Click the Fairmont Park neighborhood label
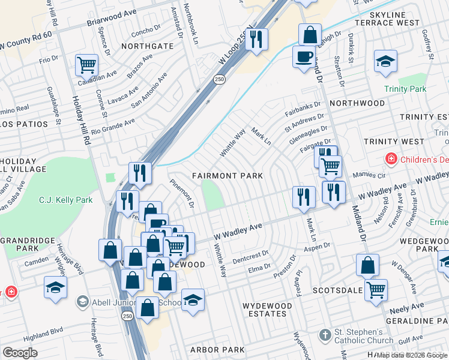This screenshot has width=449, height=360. [227, 176]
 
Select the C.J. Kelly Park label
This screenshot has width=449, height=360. [66, 200]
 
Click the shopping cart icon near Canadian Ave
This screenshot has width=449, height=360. [86, 64]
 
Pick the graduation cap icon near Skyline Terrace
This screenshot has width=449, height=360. [385, 61]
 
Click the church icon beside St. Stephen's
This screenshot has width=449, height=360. [325, 335]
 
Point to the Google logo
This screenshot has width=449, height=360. [19, 353]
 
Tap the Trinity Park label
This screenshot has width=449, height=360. [405, 89]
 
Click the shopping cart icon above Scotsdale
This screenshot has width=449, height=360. [376, 290]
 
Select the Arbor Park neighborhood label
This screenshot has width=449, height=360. [217, 350]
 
